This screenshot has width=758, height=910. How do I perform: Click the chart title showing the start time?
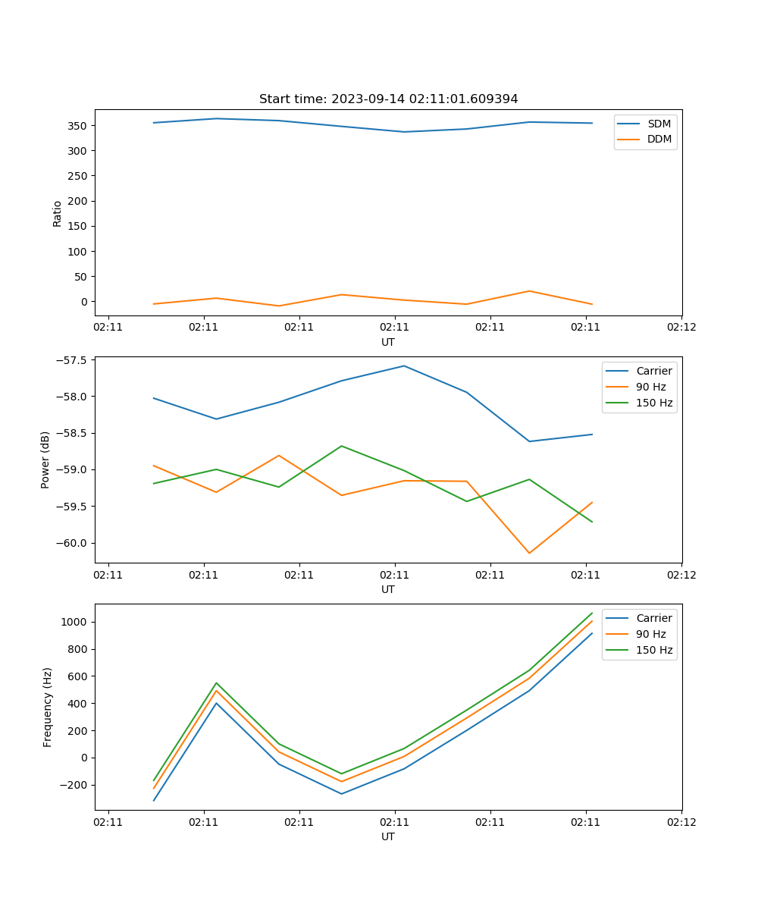[x=388, y=99]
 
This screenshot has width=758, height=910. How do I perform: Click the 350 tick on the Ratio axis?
[x=80, y=125]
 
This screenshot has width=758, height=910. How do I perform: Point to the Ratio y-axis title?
[x=58, y=214]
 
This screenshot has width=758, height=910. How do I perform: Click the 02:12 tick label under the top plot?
[x=681, y=328]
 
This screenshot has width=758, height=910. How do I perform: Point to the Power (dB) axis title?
[x=45, y=460]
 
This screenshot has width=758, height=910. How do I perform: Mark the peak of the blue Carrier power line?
[x=404, y=366]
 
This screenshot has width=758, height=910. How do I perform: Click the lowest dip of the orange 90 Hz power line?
[x=529, y=553]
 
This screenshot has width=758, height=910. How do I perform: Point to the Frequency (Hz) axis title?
[x=48, y=707]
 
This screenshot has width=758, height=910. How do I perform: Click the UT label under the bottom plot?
[x=388, y=836]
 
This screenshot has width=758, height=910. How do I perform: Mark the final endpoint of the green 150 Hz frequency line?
[x=592, y=613]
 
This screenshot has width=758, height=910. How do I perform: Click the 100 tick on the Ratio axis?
[x=80, y=251]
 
